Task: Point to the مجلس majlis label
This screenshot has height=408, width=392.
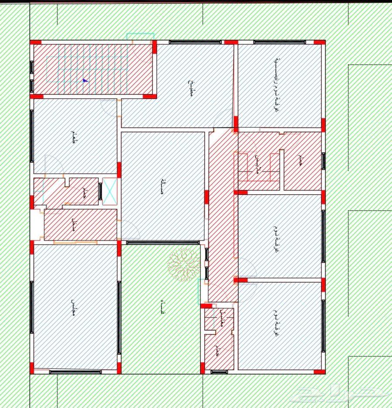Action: tap(73, 304)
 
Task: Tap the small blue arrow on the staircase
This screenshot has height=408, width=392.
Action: tap(85, 80)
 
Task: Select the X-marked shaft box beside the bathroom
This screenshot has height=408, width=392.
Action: tap(109, 192)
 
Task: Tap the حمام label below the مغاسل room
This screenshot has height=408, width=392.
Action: tap(216, 350)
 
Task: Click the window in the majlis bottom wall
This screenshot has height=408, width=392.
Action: tap(75, 372)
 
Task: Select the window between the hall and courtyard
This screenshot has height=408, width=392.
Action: tap(162, 242)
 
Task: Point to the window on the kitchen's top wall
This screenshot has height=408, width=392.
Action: tap(195, 42)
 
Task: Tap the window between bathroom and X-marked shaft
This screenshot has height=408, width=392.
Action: tap(100, 191)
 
